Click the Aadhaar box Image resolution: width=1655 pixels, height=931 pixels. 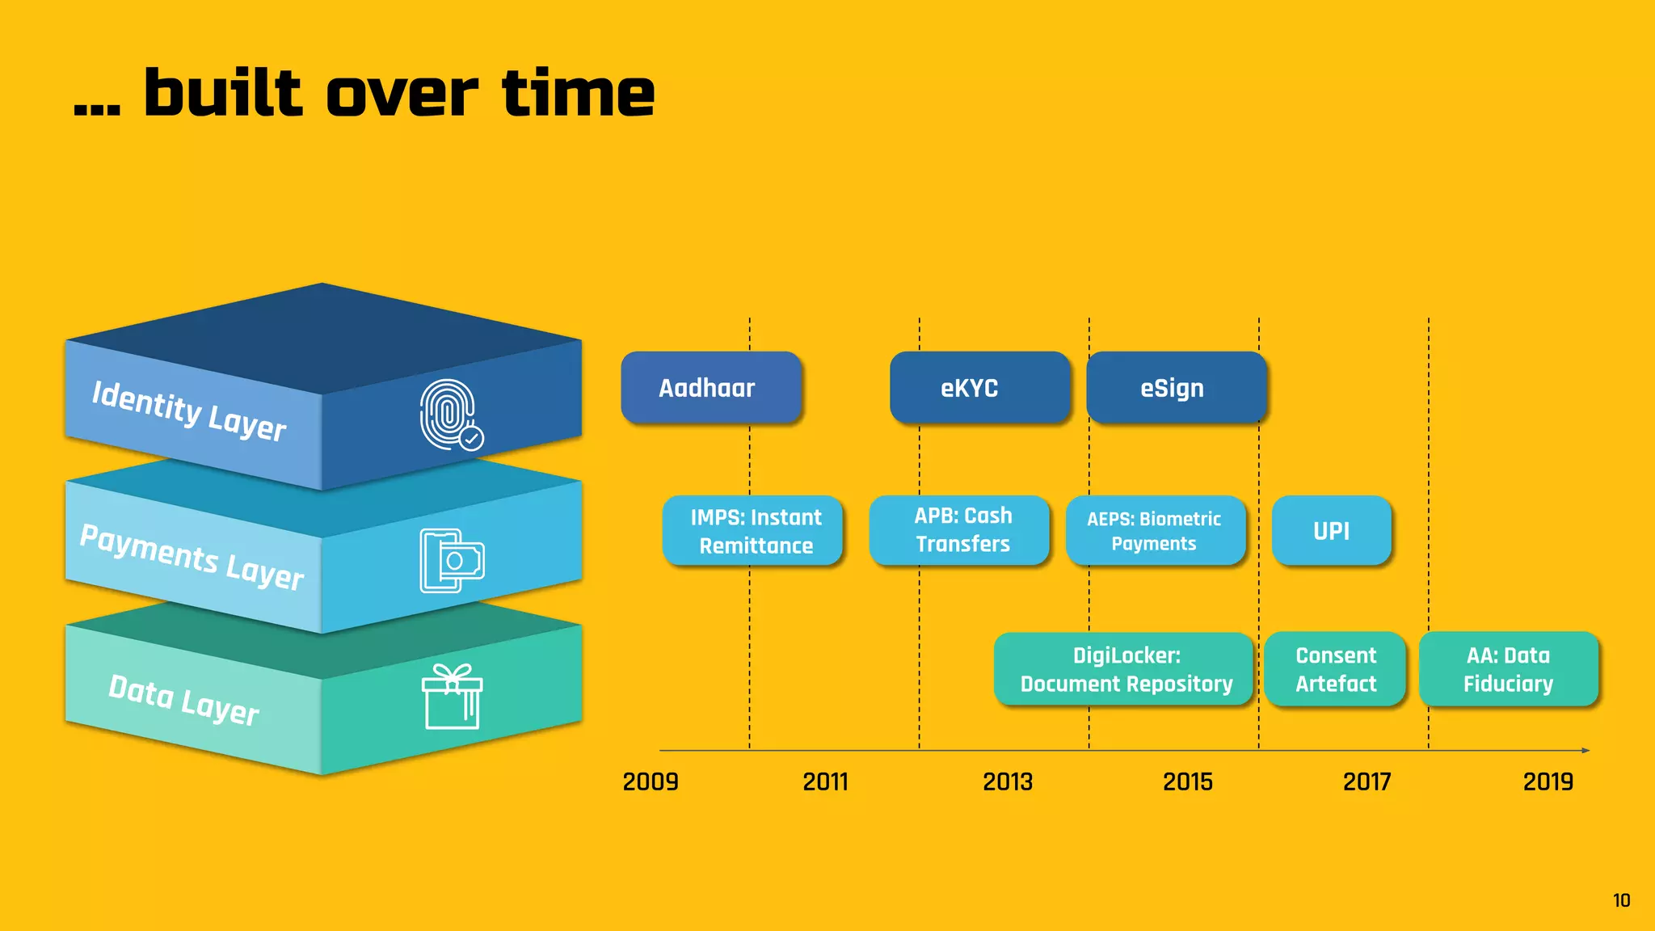(x=710, y=387)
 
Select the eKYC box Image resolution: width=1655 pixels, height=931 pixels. (x=979, y=387)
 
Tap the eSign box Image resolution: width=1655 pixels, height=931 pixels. (x=1176, y=387)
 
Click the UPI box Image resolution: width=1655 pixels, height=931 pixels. (x=1331, y=530)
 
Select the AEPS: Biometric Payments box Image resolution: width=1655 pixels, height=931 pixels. (x=1155, y=530)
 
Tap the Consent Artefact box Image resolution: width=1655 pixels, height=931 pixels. (x=1335, y=668)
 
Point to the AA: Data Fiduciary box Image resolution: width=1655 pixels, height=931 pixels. (x=1508, y=668)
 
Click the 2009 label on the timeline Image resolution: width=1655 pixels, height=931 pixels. (x=651, y=781)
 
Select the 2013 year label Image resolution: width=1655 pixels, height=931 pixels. (x=1008, y=781)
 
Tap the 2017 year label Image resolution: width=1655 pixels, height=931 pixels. (x=1367, y=781)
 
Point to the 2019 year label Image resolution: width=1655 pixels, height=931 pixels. (x=1548, y=781)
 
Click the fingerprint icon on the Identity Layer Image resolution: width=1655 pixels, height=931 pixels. (x=449, y=414)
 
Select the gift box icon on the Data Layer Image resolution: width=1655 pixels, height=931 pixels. (x=452, y=697)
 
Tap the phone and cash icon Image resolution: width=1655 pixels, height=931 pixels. (x=451, y=560)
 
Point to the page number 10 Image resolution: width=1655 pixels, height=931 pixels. (x=1621, y=900)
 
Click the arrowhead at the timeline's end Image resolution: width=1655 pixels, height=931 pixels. (x=1586, y=751)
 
